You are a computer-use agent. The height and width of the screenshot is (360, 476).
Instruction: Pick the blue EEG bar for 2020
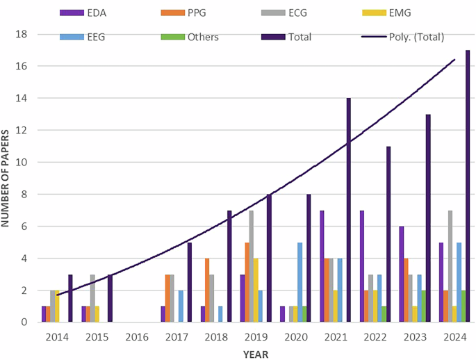click(299, 282)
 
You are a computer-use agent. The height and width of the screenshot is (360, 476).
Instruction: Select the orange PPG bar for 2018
click(207, 291)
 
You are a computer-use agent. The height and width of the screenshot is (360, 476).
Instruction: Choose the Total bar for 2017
click(189, 282)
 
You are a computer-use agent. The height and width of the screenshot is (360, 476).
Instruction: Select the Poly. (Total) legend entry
click(406, 37)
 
